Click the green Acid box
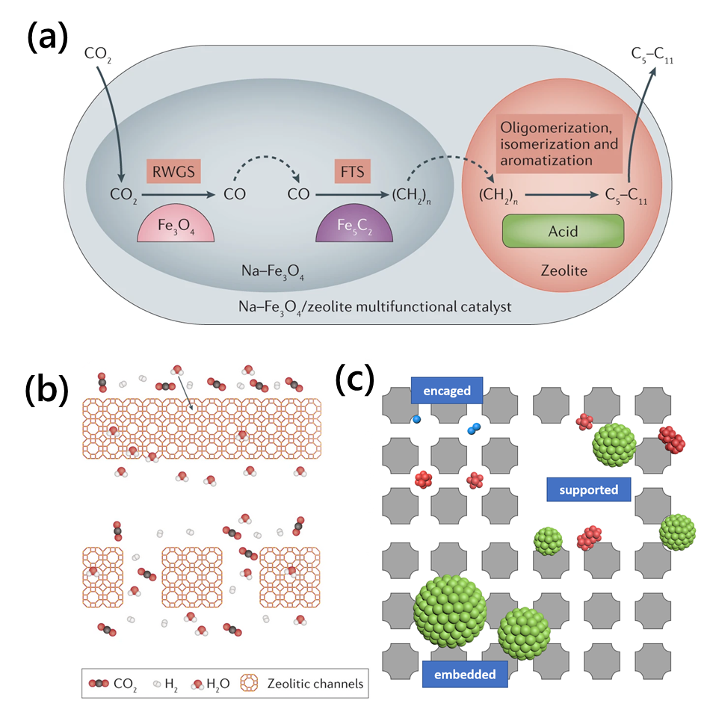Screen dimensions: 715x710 pos(563,231)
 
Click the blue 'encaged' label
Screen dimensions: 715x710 pos(446,391)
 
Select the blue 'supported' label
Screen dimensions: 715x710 pos(588,490)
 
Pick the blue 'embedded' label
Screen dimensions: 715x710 pos(465,674)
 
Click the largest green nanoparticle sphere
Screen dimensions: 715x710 pos(450,611)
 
